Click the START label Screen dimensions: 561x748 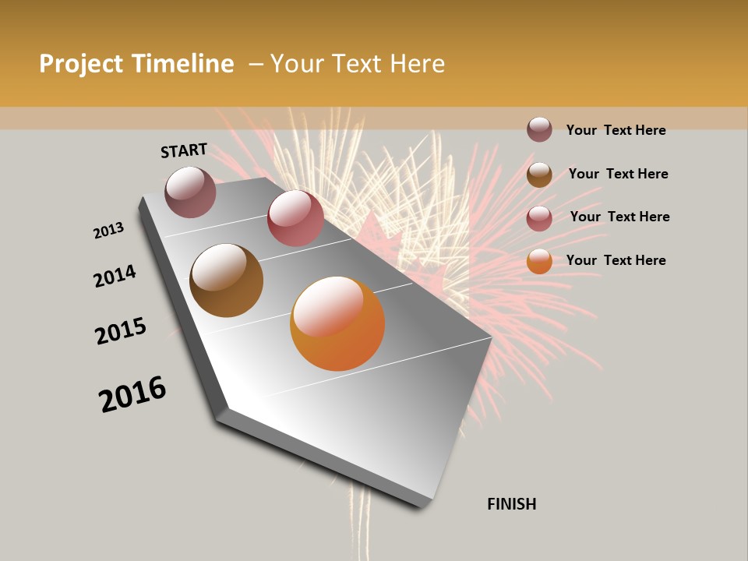pyautogui.click(x=184, y=150)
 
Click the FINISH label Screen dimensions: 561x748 pyautogui.click(x=511, y=504)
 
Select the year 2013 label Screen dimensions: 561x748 pyautogui.click(x=108, y=231)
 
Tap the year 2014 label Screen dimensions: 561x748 pyautogui.click(x=115, y=276)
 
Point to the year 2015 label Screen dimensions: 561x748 pyautogui.click(x=121, y=331)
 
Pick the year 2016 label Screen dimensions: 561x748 pyautogui.click(x=132, y=394)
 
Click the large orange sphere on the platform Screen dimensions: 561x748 pyautogui.click(x=337, y=323)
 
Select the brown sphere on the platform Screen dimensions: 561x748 pyautogui.click(x=226, y=280)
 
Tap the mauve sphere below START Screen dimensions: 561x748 pyautogui.click(x=190, y=192)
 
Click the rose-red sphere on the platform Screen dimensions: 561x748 pyautogui.click(x=295, y=218)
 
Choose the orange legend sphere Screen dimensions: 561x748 pyautogui.click(x=539, y=261)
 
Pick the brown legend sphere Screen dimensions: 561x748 pyautogui.click(x=539, y=175)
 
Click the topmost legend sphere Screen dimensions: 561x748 pyautogui.click(x=539, y=129)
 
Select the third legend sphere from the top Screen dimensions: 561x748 pyautogui.click(x=539, y=218)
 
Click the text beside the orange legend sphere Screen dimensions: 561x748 pyautogui.click(x=616, y=260)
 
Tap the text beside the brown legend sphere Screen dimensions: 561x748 pyautogui.click(x=618, y=174)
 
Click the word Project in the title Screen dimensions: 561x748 pyautogui.click(x=82, y=64)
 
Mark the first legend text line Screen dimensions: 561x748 pyautogui.click(x=616, y=130)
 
